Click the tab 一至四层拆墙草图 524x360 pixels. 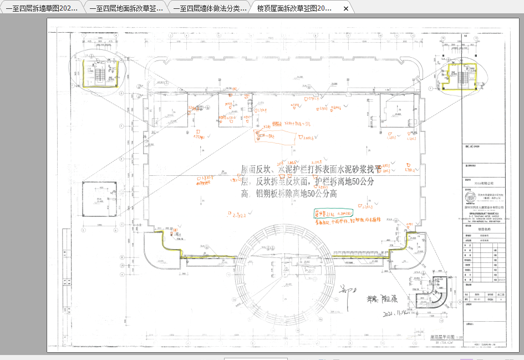(42, 9)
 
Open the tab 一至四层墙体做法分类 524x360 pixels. (210, 9)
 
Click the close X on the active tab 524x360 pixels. (346, 9)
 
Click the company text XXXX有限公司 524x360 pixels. (483, 181)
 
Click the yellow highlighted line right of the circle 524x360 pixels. (366, 254)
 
